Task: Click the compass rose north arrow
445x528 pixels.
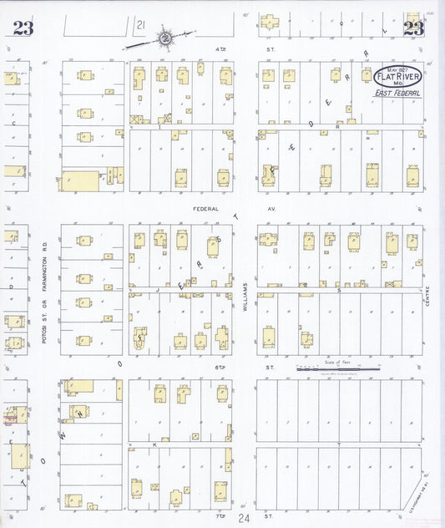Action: point(165,38)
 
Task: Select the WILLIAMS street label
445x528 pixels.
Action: point(246,297)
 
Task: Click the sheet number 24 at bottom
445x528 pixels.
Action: point(243,519)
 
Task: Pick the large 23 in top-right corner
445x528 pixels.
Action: point(413,29)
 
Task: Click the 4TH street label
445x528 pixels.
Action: point(220,48)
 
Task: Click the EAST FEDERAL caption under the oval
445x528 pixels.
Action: point(397,94)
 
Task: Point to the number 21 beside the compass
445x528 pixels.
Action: point(141,27)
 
